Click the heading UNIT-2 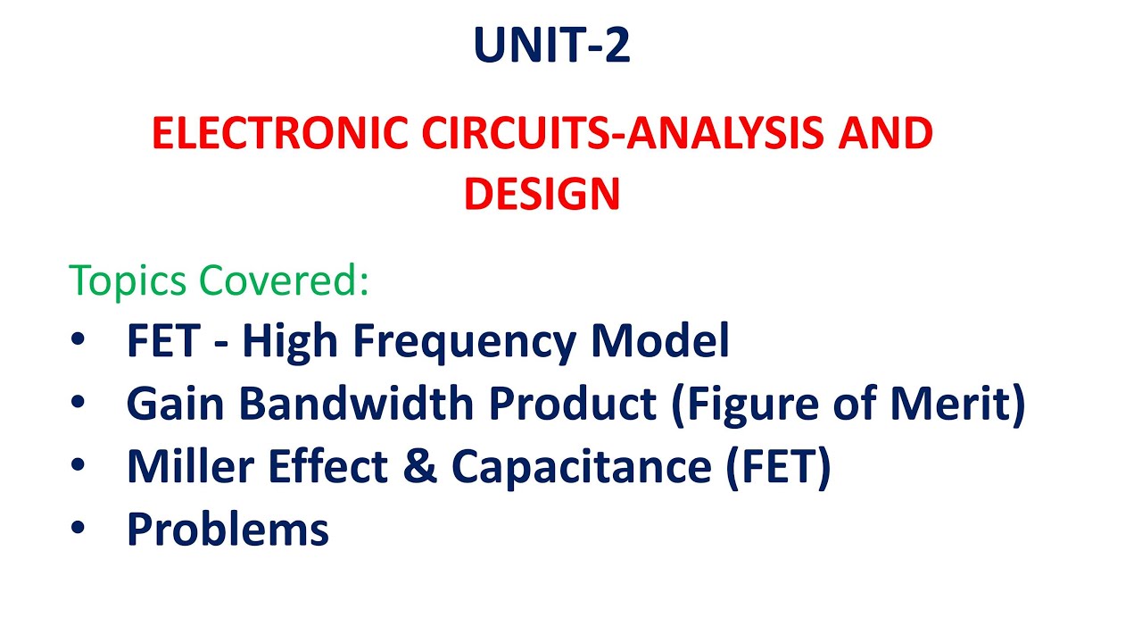[552, 46]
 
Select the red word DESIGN [542, 194]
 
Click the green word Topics [128, 281]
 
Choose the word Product [573, 404]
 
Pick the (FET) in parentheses [777, 466]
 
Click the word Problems [228, 529]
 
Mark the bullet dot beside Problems [79, 529]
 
